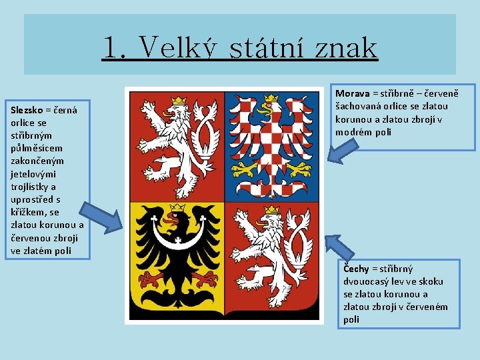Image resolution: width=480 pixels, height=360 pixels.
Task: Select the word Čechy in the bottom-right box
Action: click(357, 269)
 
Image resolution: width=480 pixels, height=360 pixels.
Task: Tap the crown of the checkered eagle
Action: click(271, 101)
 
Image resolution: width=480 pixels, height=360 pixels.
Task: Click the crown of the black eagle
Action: click(177, 209)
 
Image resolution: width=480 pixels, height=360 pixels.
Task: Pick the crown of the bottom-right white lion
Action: click(271, 211)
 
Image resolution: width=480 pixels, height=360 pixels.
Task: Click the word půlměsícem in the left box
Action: click(33, 149)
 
